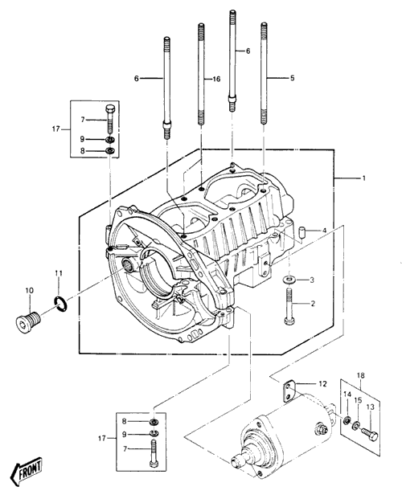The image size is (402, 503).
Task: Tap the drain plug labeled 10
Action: [28, 322]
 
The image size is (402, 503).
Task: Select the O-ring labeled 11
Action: [60, 304]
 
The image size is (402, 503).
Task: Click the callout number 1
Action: [363, 178]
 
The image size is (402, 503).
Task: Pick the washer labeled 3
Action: [290, 280]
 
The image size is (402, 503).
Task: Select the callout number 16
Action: [217, 79]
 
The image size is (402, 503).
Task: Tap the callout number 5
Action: [292, 78]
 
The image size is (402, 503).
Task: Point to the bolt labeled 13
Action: [370, 434]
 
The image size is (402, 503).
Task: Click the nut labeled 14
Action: [347, 420]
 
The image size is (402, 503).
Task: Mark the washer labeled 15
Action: [355, 427]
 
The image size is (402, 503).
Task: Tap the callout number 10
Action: [29, 291]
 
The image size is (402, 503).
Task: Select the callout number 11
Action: [58, 273]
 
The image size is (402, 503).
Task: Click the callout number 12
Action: [322, 383]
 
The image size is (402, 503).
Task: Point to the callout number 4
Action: [324, 231]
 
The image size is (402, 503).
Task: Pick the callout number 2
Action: [313, 303]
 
